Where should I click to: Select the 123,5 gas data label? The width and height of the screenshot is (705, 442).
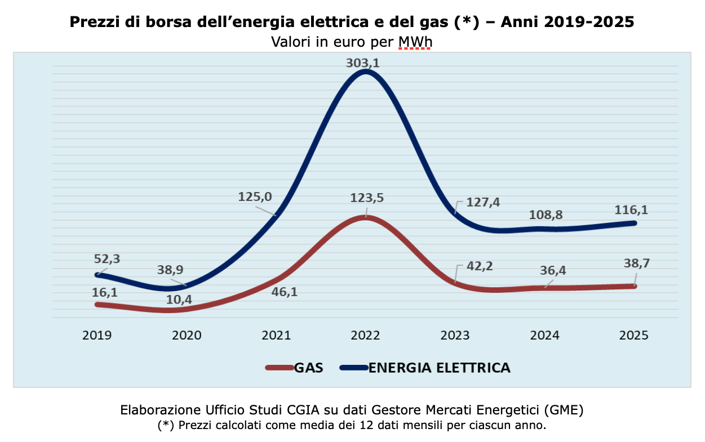pyautogui.click(x=366, y=198)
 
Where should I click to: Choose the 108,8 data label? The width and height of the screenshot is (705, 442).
pyautogui.click(x=546, y=215)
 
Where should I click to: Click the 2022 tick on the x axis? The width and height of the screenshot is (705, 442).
pyautogui.click(x=365, y=335)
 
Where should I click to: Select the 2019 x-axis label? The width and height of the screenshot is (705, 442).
pyautogui.click(x=97, y=335)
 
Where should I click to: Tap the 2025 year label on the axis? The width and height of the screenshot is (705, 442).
pyautogui.click(x=634, y=335)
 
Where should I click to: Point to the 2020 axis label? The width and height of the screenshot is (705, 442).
pyautogui.click(x=187, y=335)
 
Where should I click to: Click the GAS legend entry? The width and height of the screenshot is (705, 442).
pyautogui.click(x=308, y=368)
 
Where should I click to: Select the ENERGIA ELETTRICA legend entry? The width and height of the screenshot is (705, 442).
pyautogui.click(x=439, y=368)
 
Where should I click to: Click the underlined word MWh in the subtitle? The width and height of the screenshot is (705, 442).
pyautogui.click(x=415, y=42)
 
